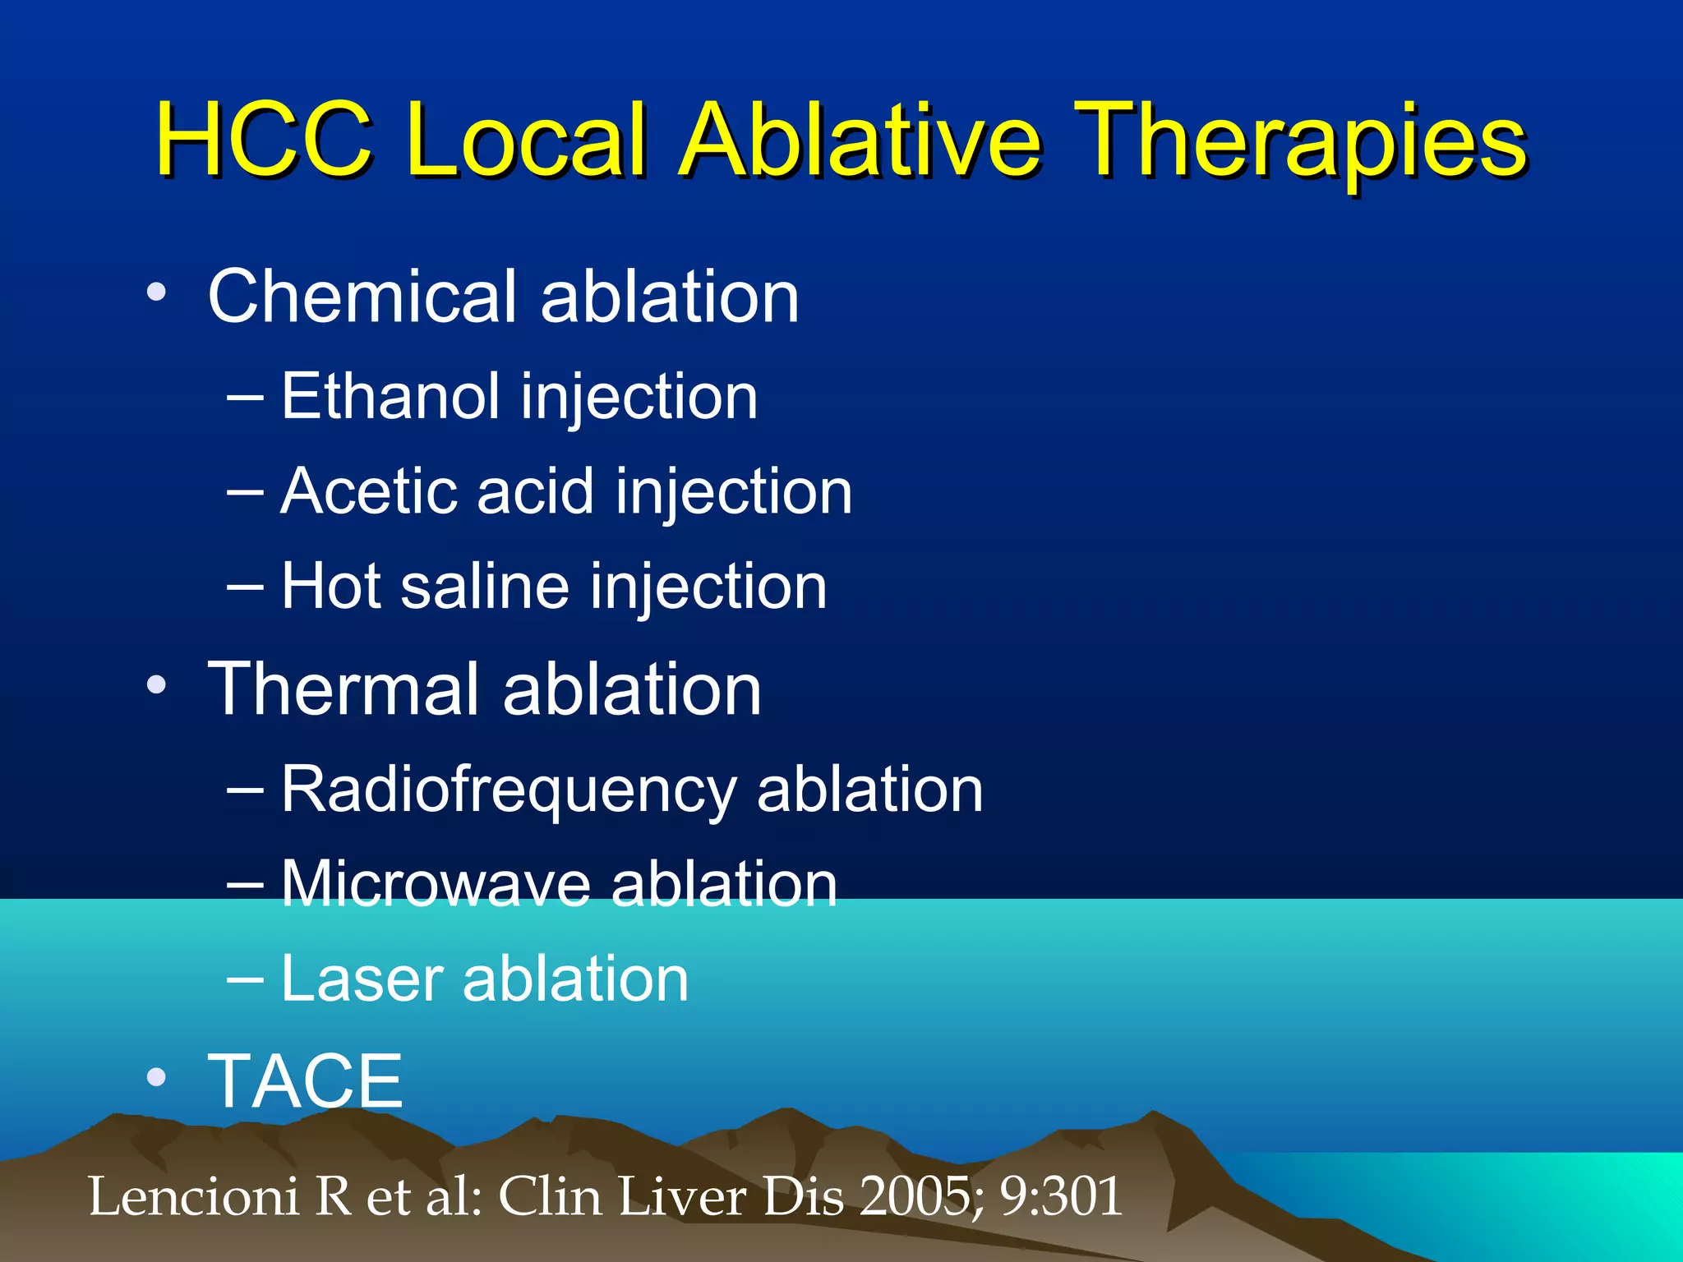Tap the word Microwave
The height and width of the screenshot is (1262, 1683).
[x=436, y=885]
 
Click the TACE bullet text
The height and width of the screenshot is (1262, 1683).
[x=305, y=1081]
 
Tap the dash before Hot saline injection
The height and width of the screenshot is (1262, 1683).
[x=245, y=586]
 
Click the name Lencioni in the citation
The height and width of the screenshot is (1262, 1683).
[x=193, y=1196]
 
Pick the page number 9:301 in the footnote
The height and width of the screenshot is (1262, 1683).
[x=1060, y=1196]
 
